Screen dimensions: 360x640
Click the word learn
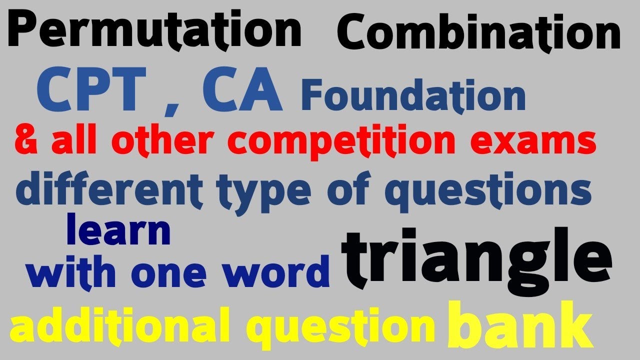[118, 230]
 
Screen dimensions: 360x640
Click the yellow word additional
[117, 325]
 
